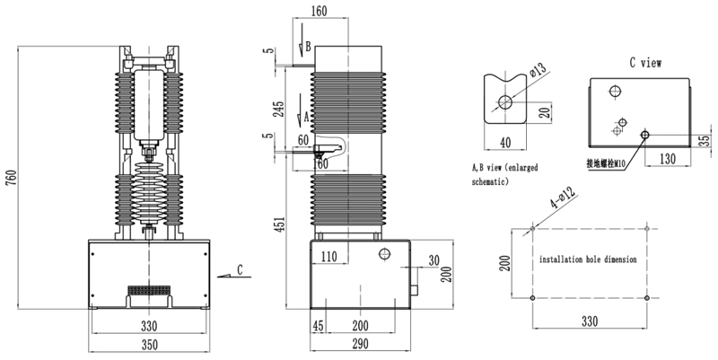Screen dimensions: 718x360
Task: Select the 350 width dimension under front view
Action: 149,345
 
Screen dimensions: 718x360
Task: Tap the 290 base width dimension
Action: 361,344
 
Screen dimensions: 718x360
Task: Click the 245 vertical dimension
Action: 278,109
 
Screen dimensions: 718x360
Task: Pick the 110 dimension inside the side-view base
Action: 328,257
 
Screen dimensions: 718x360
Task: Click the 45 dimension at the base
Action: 318,326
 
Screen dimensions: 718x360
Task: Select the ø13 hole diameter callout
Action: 538,70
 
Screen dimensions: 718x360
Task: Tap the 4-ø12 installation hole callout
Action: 563,198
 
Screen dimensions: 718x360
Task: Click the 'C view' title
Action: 645,63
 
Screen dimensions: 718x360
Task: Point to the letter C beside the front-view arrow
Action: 240,270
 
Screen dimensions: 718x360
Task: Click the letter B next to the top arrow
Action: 308,47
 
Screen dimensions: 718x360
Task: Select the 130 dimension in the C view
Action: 667,159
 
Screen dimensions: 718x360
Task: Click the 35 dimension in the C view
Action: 707,140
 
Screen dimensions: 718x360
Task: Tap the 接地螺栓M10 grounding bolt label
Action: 606,163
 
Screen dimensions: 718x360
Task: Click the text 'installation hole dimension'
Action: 588,259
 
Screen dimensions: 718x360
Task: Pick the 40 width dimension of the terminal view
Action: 505,143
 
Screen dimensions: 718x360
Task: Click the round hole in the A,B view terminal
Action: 505,102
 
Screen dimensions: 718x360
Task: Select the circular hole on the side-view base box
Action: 385,253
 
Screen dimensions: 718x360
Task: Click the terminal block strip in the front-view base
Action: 149,290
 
